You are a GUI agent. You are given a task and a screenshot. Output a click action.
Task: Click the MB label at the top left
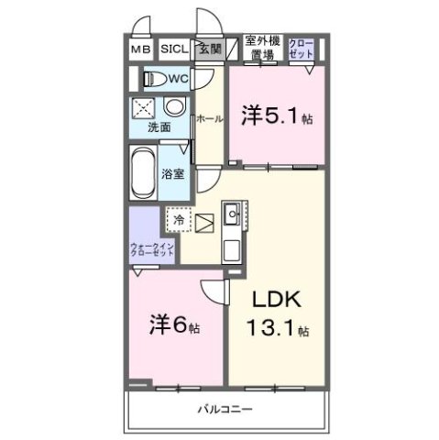coord(140,51)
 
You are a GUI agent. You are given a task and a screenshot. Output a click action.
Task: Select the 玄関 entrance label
coord(209,50)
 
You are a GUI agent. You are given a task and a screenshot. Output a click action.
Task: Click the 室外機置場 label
coord(262,48)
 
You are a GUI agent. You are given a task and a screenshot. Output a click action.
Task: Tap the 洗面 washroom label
coord(159,127)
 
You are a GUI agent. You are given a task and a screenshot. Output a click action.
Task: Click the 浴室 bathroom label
coord(172,172)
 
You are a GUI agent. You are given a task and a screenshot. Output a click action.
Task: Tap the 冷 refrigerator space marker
coord(180,220)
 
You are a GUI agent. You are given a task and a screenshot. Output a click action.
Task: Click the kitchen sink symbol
coord(232,217)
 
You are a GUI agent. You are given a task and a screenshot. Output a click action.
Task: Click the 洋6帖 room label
coord(175,325)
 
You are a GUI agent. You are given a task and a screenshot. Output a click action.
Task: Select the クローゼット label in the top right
coord(302,48)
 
